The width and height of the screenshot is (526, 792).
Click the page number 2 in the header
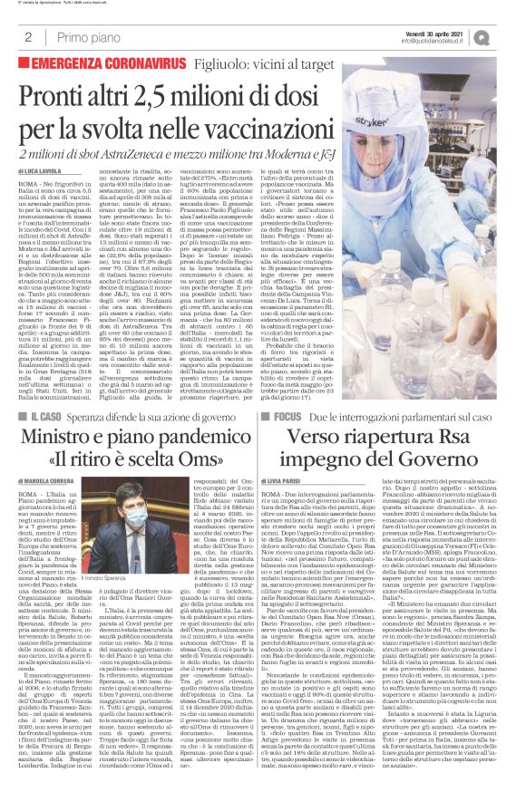tap(28, 37)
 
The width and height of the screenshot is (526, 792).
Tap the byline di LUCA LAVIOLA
tap(44, 169)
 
